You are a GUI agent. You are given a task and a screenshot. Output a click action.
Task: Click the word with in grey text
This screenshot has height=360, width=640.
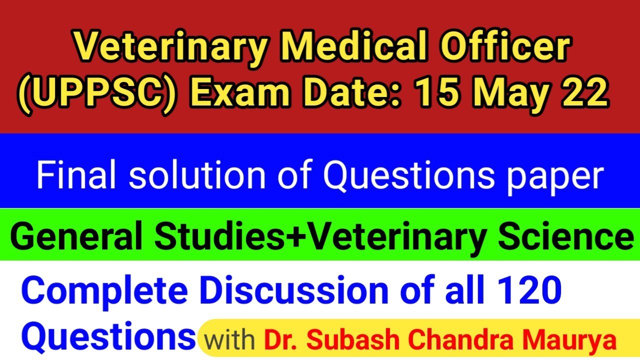tap(229, 340)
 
